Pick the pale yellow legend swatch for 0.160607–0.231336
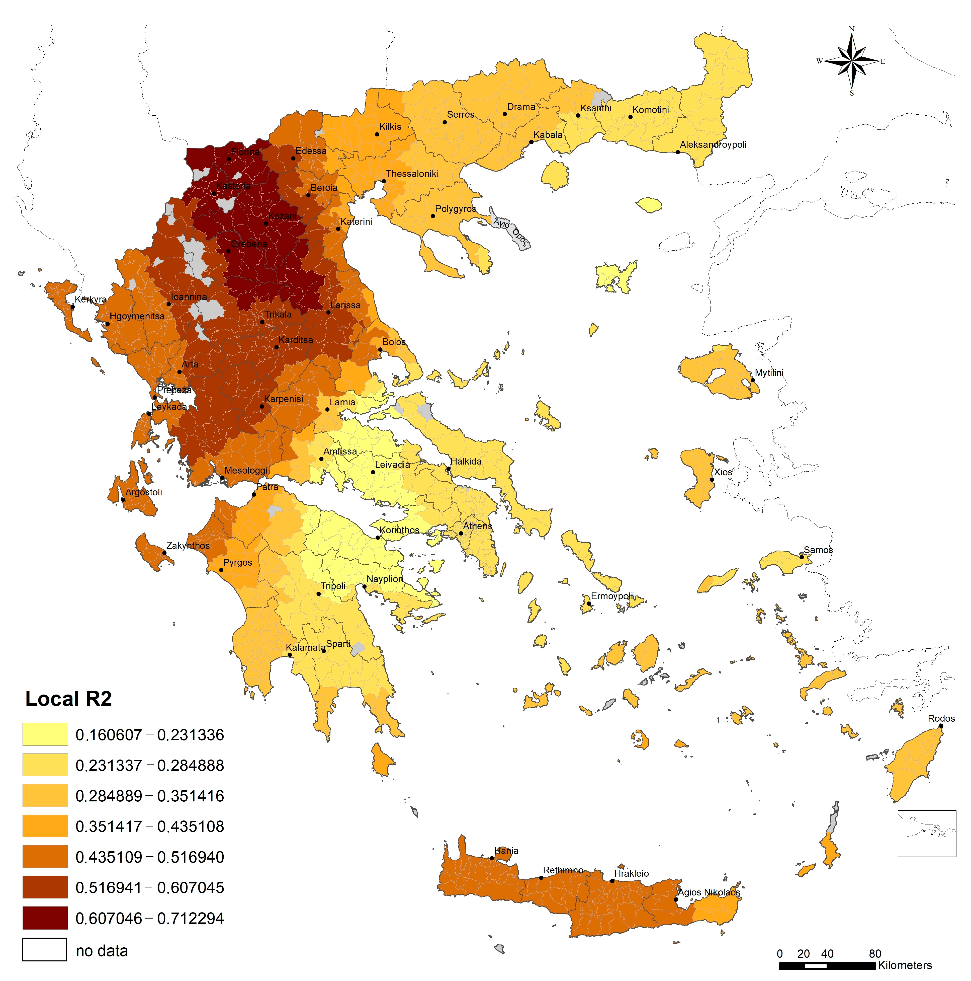click(x=45, y=734)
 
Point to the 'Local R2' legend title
click(x=68, y=699)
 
